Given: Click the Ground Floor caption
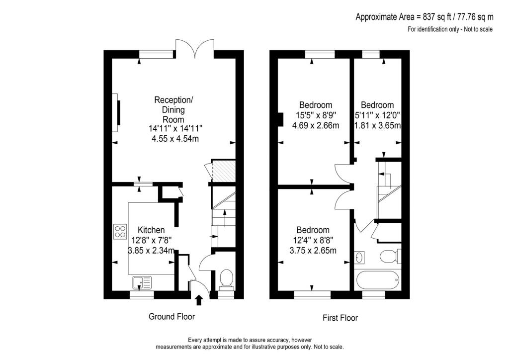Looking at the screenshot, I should [171, 317].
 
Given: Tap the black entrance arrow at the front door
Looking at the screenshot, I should [199, 299].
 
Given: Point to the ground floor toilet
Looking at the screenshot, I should [226, 278].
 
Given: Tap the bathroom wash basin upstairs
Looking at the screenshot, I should [360, 258].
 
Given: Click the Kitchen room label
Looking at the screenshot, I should [151, 230].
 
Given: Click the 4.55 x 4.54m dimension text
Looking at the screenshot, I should [175, 139].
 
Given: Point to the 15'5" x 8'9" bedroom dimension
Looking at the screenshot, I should [316, 115].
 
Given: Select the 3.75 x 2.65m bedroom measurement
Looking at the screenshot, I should [313, 251].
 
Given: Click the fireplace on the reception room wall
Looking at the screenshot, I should [117, 113].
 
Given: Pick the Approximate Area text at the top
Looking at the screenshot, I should [424, 17].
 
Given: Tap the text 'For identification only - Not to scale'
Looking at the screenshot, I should [450, 29].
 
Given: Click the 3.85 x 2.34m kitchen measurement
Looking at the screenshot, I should [151, 251].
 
